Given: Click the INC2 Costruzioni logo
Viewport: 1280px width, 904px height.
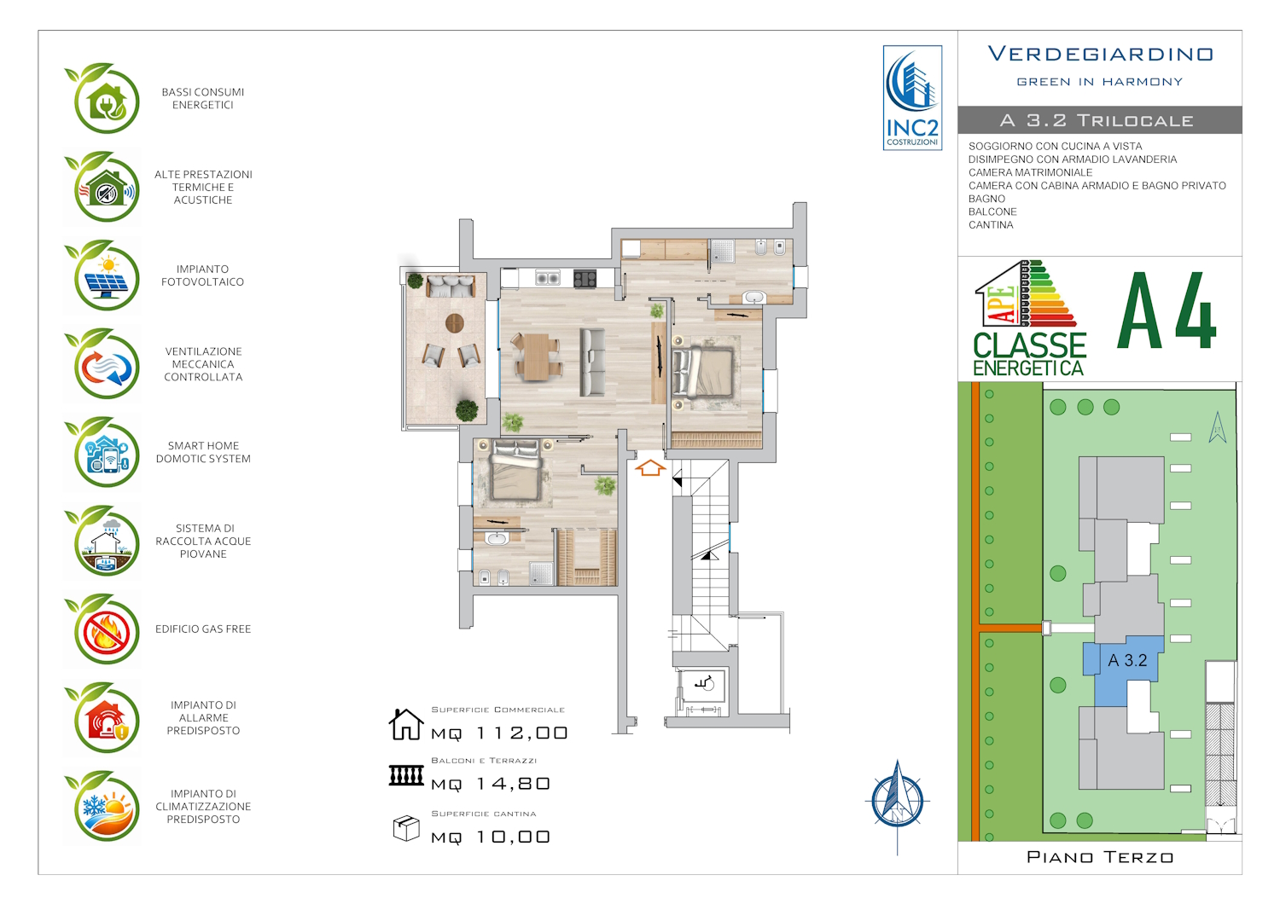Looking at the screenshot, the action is (912, 98).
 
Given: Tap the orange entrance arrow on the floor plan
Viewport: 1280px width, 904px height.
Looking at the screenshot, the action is (650, 467).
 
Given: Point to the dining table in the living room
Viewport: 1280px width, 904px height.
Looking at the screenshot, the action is (536, 357).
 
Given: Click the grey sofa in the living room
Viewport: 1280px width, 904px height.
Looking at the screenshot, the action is (592, 362).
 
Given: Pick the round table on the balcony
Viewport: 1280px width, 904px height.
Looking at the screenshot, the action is (454, 323).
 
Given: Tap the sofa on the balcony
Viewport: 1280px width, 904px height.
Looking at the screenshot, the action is (451, 286).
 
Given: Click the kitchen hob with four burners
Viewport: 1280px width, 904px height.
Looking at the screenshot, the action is (585, 279).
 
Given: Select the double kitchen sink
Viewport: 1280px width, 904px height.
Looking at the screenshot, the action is (548, 278).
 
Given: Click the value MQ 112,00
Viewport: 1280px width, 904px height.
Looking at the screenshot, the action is (499, 733).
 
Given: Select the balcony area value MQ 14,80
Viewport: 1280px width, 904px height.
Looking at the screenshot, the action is (491, 784).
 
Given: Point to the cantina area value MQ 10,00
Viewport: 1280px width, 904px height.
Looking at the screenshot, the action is (491, 837).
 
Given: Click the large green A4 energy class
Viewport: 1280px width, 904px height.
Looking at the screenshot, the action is (1167, 311).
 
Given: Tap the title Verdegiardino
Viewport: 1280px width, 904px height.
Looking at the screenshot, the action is (1101, 55).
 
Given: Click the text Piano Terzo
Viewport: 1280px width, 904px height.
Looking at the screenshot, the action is (1101, 857).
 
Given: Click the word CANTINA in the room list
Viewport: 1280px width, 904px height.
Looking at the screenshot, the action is (991, 225).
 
